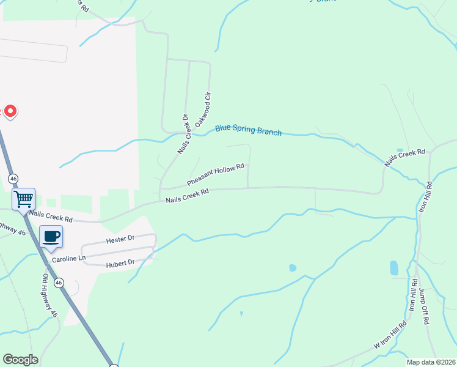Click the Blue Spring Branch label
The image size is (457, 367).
pyautogui.click(x=248, y=130)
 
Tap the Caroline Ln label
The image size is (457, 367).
pyautogui.click(x=68, y=259)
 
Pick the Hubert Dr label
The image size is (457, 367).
pyautogui.click(x=120, y=262)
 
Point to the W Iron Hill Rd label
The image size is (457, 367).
pyautogui.click(x=390, y=336)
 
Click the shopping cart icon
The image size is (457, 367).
pyautogui.click(x=23, y=198)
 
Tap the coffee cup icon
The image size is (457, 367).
pyautogui.click(x=51, y=235)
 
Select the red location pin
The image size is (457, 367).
pyautogui.click(x=10, y=111)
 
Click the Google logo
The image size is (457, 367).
pyautogui.click(x=20, y=360)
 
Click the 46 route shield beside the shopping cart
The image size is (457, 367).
pyautogui.click(x=13, y=178)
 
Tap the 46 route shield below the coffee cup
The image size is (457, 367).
pyautogui.click(x=59, y=283)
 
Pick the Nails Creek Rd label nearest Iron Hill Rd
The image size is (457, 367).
pyautogui.click(x=404, y=157)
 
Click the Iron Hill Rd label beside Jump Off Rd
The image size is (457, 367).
pyautogui.click(x=414, y=295)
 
